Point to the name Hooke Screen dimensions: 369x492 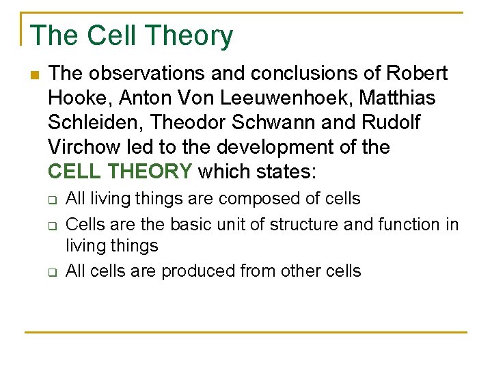coord(77,98)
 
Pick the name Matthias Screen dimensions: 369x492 coord(396,98)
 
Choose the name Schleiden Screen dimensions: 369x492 coord(95,122)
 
